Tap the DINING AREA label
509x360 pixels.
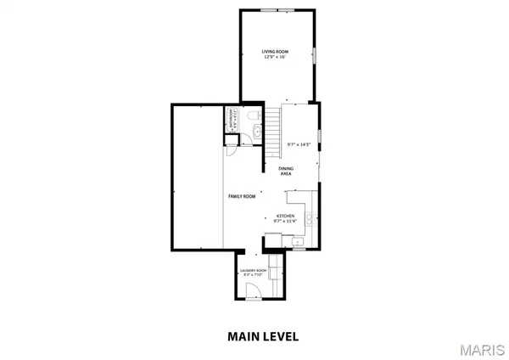(288, 172)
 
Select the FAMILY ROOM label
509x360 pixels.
(241, 196)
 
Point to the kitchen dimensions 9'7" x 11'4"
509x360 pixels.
(286, 222)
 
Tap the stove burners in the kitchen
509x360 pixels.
(311, 219)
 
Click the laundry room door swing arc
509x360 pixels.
(252, 290)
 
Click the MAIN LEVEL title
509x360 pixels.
(262, 335)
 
